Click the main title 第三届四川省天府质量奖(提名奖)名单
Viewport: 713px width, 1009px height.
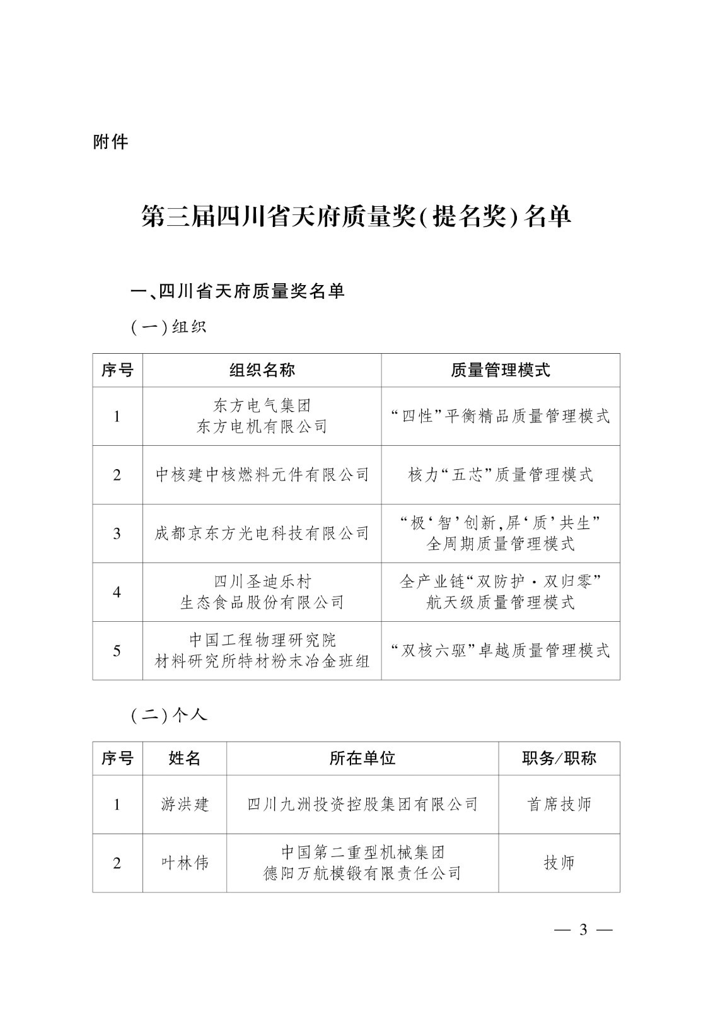pos(356,216)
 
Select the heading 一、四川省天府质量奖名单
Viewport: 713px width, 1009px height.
pos(238,291)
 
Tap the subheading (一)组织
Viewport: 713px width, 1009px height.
pos(168,327)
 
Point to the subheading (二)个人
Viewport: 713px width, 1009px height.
pos(168,715)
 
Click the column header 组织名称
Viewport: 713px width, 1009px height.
pos(262,370)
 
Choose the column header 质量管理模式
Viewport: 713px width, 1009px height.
pos(501,370)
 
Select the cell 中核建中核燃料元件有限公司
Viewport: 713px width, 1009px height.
pos(262,475)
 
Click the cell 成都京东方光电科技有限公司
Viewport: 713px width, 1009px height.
pos(262,534)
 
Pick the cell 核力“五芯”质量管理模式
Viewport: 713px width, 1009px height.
pos(501,475)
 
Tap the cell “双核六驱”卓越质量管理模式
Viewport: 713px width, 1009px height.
pos(501,650)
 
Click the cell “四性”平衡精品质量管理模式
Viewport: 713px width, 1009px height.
pos(501,416)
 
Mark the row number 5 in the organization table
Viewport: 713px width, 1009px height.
pos(117,650)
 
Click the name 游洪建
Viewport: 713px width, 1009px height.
pos(185,804)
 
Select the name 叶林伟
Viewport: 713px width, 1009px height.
pos(185,863)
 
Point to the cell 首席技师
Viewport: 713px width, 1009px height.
pos(559,804)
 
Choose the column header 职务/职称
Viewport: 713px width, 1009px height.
pos(559,758)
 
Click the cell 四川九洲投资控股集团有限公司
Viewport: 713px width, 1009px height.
pos(362,804)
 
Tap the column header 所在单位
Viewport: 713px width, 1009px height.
pos(362,758)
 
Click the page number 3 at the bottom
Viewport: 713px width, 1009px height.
pos(583,930)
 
